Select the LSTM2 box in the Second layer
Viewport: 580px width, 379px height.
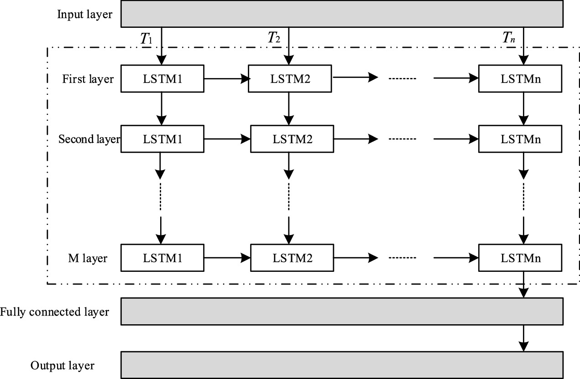click(293, 139)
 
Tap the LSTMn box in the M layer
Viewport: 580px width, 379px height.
click(521, 259)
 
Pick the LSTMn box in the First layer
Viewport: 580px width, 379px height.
click(521, 79)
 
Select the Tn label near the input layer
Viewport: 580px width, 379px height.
click(509, 39)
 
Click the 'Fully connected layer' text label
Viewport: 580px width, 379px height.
click(55, 312)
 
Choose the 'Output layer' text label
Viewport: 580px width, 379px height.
click(63, 365)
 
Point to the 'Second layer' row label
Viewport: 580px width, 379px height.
click(89, 139)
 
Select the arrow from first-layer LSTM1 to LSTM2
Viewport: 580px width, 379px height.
click(227, 79)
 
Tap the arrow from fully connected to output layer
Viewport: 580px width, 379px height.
click(524, 338)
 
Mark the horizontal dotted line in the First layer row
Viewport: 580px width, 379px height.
click(402, 79)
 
